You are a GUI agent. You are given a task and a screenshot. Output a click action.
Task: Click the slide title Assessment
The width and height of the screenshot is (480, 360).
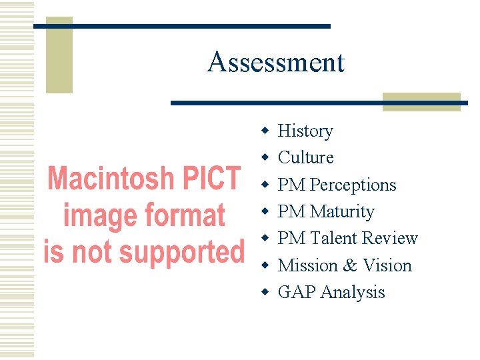(x=275, y=63)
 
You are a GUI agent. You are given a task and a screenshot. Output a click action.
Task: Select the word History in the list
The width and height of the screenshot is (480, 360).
(x=305, y=131)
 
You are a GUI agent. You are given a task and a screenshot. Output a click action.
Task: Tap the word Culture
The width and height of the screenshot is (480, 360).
(x=305, y=157)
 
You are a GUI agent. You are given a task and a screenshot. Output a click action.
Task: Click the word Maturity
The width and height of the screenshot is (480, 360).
(x=342, y=211)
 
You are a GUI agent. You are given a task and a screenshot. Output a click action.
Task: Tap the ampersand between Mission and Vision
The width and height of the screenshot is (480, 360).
(x=351, y=265)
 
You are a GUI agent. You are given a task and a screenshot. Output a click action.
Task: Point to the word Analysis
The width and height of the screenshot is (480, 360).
(x=353, y=292)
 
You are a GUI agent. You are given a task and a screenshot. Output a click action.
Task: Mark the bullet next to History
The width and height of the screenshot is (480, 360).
(x=265, y=131)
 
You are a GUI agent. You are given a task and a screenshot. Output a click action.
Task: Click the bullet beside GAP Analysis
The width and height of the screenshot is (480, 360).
(x=265, y=292)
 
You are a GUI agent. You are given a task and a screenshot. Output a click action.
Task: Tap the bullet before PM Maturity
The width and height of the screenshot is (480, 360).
(x=265, y=211)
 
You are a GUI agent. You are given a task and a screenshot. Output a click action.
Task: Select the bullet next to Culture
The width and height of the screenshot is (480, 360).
(x=265, y=157)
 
